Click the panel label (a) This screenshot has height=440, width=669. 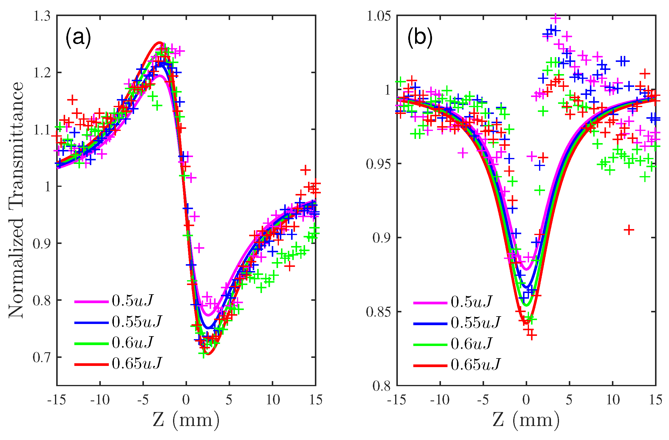click(78, 38)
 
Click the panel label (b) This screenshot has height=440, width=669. click(420, 38)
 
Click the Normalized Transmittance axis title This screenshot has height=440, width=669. click(15, 200)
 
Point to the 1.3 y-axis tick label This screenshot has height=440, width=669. click(42, 16)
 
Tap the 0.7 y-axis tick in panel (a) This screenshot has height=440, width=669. click(42, 357)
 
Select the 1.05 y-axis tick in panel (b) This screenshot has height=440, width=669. click(379, 16)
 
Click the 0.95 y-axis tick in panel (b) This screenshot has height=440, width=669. click(379, 164)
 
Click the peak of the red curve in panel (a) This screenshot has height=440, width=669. click(159, 43)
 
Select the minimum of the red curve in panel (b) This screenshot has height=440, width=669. click(526, 323)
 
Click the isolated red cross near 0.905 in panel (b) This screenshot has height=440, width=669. click(629, 230)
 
